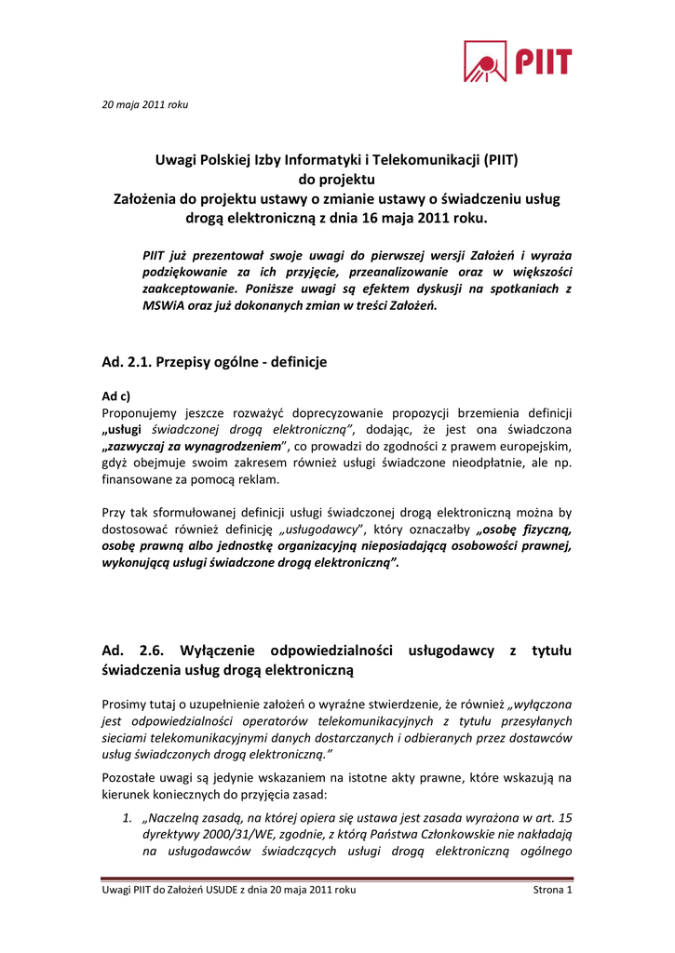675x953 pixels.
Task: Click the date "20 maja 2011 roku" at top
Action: [144, 104]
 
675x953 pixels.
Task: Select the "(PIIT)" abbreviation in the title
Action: [500, 160]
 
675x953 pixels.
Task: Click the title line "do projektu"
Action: [336, 180]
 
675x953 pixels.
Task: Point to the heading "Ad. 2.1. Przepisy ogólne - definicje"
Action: [214, 361]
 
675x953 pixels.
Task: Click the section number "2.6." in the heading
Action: [153, 651]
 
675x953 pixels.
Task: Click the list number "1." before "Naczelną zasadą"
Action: [129, 818]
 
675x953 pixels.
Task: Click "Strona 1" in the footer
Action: [552, 891]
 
